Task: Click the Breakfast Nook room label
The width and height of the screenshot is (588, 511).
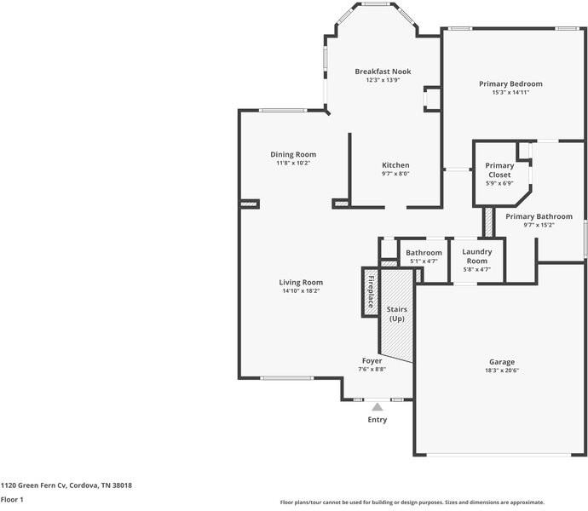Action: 383,72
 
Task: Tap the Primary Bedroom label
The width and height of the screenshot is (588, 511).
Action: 510,84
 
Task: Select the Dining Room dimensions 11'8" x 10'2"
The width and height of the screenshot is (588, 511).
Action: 293,163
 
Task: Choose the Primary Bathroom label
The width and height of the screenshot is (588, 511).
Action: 539,216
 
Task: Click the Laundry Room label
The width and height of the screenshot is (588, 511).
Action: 476,255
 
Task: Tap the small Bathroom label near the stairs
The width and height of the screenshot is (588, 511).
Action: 424,253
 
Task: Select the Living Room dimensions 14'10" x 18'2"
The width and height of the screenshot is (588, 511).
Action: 301,291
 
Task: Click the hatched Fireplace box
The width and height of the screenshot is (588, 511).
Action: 371,292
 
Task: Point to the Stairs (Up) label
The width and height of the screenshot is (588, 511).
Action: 396,313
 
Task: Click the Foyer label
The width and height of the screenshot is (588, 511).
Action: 372,361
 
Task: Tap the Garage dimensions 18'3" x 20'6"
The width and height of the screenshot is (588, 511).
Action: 501,370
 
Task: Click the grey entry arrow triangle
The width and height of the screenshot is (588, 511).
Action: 377,407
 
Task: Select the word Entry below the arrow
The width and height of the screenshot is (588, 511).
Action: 377,419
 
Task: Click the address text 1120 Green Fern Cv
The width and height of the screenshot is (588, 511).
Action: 66,485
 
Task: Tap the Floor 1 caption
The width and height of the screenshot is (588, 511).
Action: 12,500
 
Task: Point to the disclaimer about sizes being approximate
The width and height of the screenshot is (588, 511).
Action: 412,502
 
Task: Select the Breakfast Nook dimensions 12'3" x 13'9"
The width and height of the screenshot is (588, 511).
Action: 383,80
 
